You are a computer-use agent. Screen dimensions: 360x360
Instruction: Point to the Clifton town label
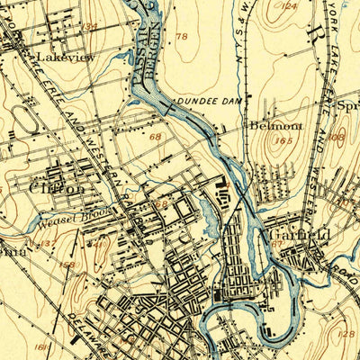[57, 190]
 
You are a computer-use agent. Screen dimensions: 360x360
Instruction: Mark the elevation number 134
[89, 27]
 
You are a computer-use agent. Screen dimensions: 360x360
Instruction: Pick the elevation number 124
[288, 6]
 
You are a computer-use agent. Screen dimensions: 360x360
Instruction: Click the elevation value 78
[183, 37]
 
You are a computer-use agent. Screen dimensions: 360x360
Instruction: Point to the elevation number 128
[348, 334]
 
